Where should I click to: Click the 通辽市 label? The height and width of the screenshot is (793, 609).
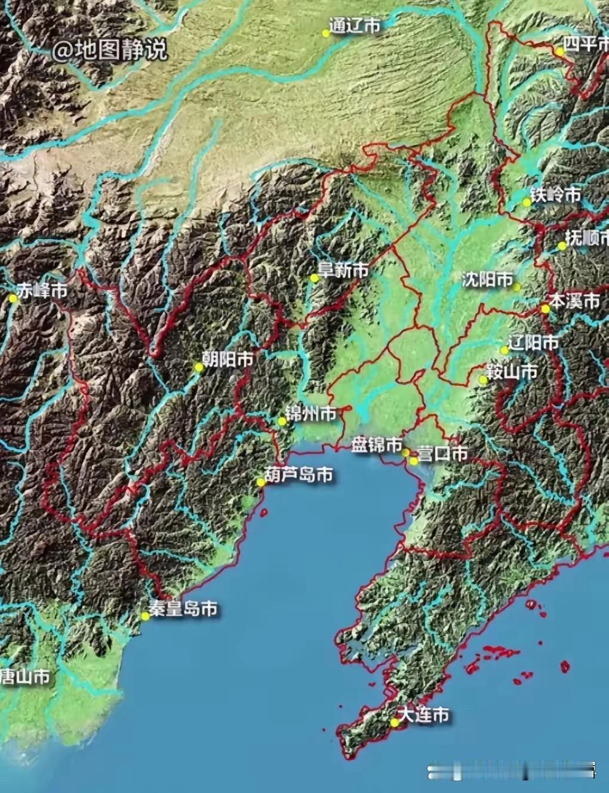tap(355, 26)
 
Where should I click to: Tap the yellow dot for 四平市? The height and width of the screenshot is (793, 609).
tap(559, 52)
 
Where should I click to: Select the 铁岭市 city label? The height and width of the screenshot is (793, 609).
tap(556, 195)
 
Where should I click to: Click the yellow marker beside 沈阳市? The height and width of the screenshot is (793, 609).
tap(516, 287)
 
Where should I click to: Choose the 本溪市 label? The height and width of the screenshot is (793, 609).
tap(575, 301)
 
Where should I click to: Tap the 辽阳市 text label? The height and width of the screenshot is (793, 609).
tap(533, 343)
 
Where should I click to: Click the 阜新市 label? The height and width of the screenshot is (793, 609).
tap(343, 271)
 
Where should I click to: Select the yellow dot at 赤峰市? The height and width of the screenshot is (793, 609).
tap(13, 298)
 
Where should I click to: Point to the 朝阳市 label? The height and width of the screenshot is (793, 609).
tap(227, 359)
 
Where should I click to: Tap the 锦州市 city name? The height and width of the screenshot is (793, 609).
tap(311, 413)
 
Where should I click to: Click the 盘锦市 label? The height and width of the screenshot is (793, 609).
tap(376, 445)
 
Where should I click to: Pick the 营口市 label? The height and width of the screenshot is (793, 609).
tap(442, 454)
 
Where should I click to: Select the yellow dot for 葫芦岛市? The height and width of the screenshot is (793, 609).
tap(260, 482)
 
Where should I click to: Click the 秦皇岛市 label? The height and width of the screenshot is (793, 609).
tap(183, 609)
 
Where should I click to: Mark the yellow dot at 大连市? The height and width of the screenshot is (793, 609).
tap(395, 722)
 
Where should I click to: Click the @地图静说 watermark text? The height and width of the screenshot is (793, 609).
tap(109, 50)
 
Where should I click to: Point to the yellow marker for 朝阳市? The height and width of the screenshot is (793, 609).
tap(199, 367)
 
